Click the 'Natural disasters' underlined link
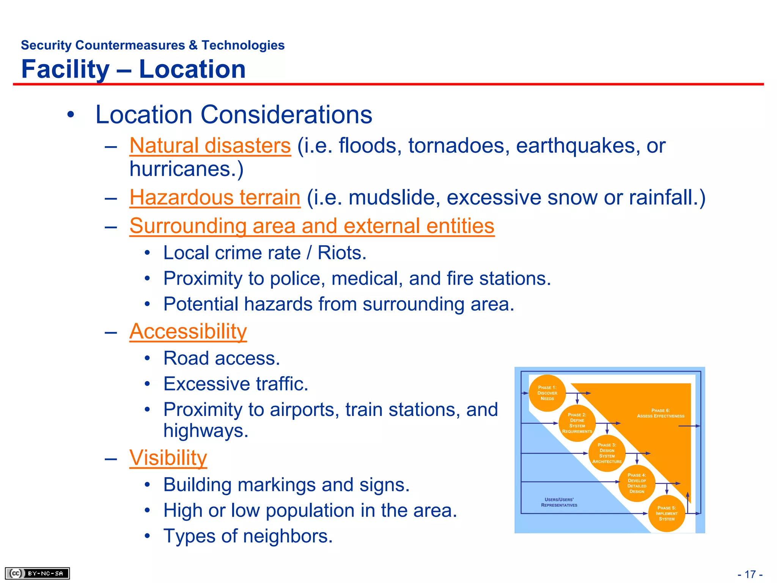[210, 146]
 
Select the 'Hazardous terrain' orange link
[215, 198]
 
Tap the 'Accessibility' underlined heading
[188, 332]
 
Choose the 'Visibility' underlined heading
[168, 458]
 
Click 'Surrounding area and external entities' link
[312, 226]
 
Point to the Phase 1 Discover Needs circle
[547, 393]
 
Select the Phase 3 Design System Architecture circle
[607, 453]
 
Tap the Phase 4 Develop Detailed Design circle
[637, 483]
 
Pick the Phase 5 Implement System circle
[667, 514]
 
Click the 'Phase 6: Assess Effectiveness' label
[661, 413]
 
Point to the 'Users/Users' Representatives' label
[559, 502]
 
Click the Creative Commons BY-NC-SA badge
[37, 573]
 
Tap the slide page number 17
[750, 574]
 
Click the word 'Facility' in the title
[65, 69]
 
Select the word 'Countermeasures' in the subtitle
[130, 45]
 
